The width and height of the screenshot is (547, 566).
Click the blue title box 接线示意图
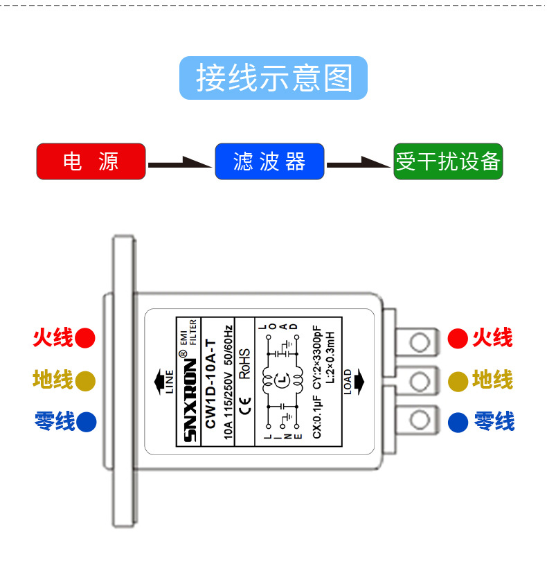273,78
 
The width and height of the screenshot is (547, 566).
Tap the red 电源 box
91,161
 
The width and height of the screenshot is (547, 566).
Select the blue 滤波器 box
269,161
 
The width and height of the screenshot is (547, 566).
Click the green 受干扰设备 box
448,161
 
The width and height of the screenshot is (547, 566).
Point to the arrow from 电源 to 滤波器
180,163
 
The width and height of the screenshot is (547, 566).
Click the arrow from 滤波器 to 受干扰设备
359,163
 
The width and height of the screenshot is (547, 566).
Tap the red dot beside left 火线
85,338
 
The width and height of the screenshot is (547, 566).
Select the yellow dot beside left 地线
85,380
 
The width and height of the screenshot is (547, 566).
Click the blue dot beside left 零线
86,421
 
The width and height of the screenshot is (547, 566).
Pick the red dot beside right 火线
458,338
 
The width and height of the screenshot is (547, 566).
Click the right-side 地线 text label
492,380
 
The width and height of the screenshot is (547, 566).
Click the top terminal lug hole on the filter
419,341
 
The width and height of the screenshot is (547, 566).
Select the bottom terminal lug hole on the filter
419,419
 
